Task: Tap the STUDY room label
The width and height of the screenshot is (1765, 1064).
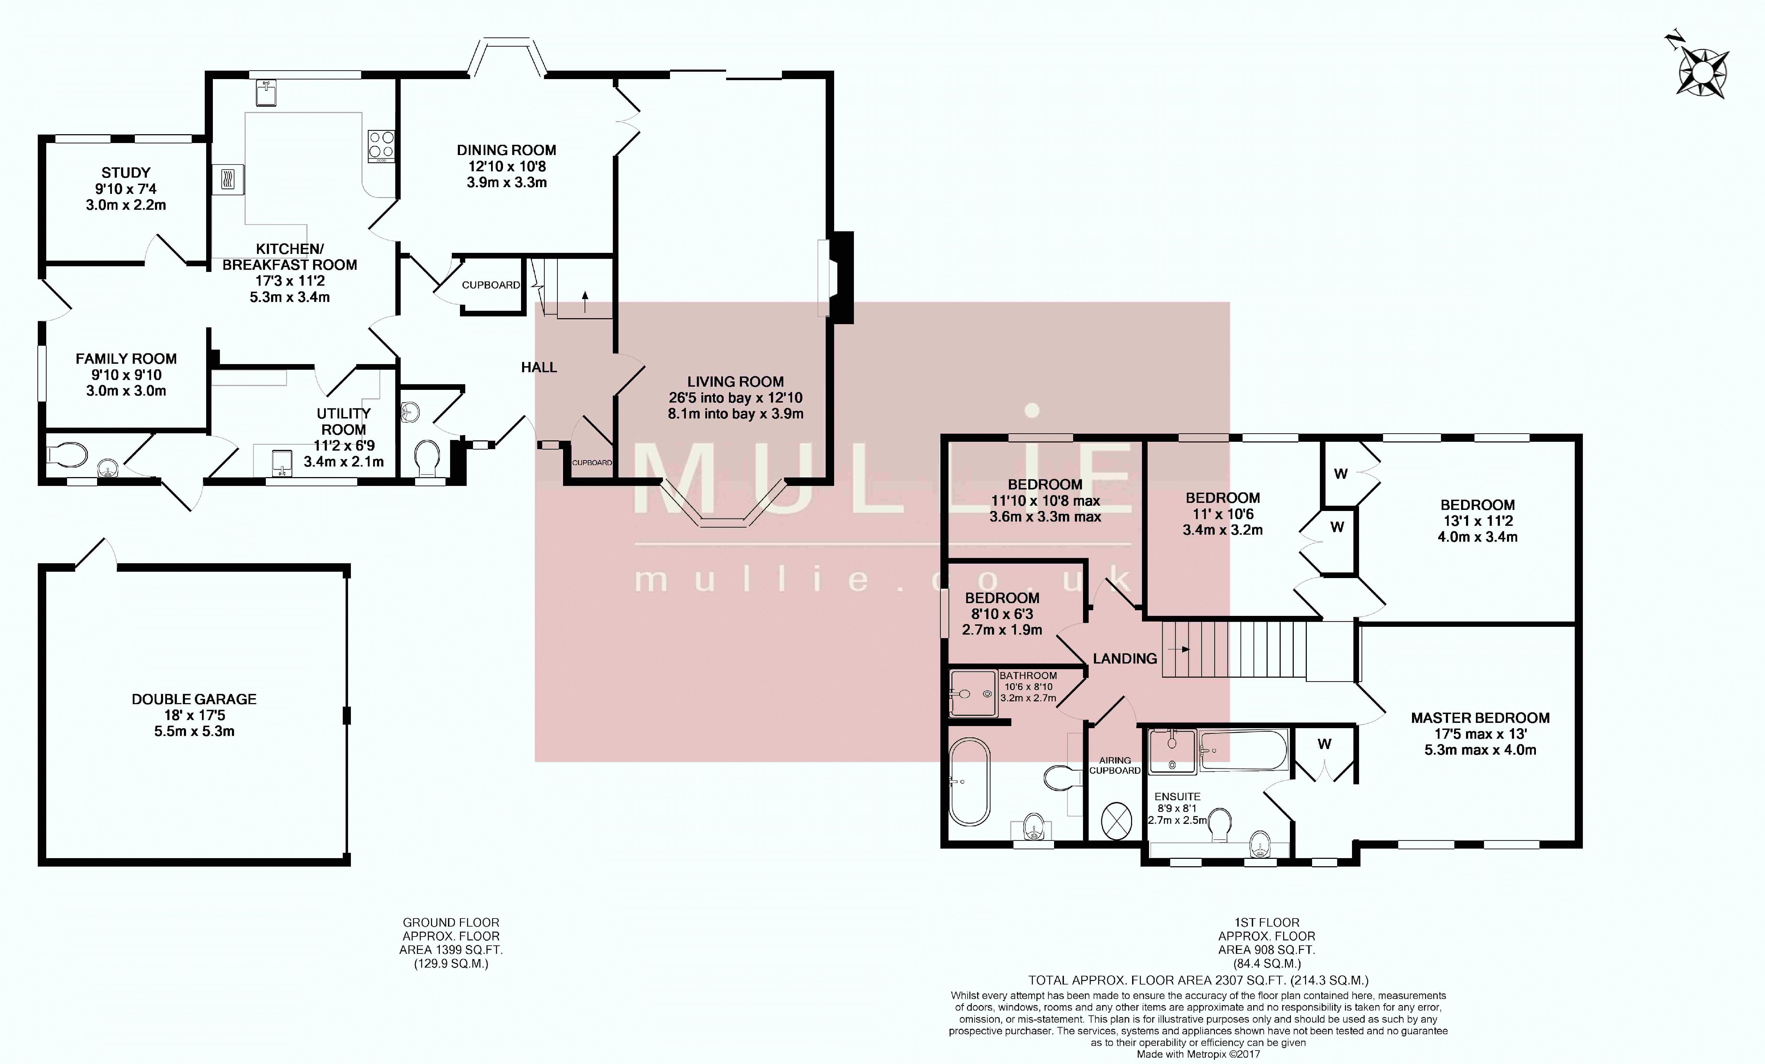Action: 126,173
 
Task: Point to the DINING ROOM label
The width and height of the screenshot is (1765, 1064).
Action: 507,150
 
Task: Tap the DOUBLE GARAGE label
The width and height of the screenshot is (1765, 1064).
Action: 194,699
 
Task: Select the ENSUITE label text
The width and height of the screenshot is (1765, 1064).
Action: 1178,796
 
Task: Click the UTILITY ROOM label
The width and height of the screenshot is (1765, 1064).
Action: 344,421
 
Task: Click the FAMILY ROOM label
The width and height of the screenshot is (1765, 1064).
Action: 126,358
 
